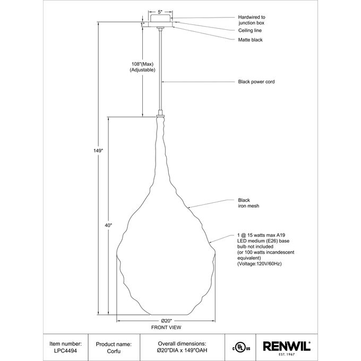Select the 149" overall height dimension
point(98,151)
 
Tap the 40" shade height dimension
point(108,226)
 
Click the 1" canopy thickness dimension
point(142,24)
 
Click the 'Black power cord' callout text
point(256,82)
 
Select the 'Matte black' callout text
point(250,40)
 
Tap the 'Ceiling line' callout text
point(251,31)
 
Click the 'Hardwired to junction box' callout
point(251,20)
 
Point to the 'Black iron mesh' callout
point(248,203)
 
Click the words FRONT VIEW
point(166,328)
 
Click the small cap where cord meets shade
point(160,113)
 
